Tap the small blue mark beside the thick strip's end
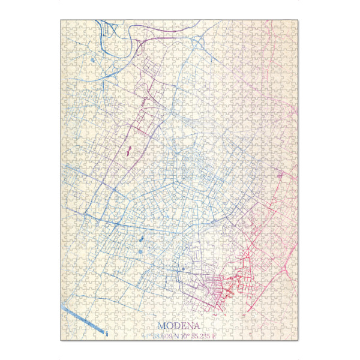click(106, 332)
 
